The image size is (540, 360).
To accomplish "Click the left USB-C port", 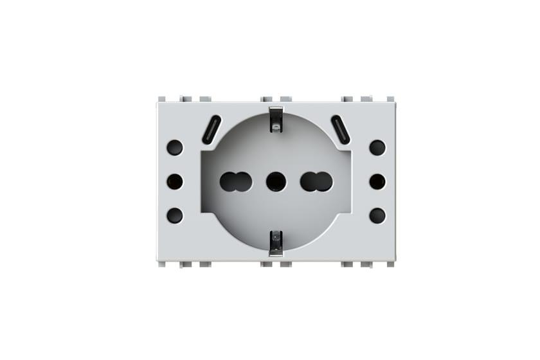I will coord(211,130).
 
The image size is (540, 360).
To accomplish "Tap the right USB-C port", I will coord(341,130).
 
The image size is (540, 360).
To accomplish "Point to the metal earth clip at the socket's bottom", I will coord(276,243).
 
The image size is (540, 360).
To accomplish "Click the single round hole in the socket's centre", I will coord(276,182).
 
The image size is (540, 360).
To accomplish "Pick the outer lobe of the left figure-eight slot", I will coord(228,182).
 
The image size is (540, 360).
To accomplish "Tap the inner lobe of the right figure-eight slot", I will coord(309,182).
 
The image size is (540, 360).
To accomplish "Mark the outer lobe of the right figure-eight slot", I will coord(324,182).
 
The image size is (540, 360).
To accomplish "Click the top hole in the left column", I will coord(174,148).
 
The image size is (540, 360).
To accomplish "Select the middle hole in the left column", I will coord(174,182).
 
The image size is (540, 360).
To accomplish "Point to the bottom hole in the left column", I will coord(174,215).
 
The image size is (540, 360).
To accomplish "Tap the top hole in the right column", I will coord(377,148).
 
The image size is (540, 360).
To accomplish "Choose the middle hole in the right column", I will coord(377,182).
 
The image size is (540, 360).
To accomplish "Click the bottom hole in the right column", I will coord(377,215).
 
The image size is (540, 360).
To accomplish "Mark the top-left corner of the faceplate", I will coord(157,103).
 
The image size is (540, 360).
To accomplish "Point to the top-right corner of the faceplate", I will coord(395,103).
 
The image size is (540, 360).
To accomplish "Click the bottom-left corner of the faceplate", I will coord(157,260).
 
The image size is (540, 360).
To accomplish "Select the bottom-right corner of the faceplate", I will coord(395,260).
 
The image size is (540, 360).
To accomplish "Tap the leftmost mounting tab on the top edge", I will coord(162,99).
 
